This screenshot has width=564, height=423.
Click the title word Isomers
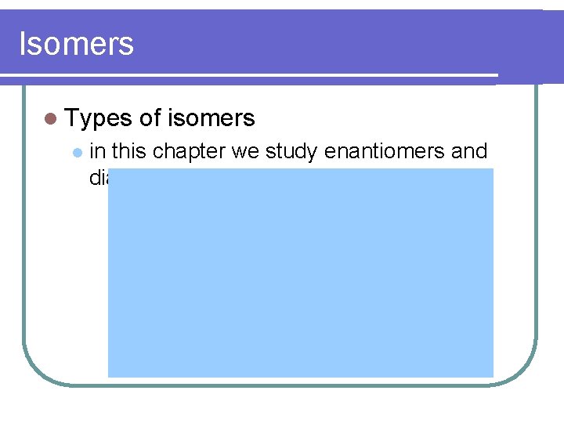[x=76, y=43]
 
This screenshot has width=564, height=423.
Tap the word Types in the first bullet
[x=97, y=118]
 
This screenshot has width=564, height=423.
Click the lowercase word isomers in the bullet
[x=211, y=118]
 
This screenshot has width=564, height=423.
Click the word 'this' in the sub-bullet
[x=129, y=150]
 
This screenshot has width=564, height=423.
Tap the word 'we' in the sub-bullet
[x=244, y=150]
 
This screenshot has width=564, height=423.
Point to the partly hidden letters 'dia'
[x=98, y=178]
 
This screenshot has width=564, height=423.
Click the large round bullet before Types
[x=51, y=119]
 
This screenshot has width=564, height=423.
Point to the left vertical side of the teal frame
[x=23, y=235]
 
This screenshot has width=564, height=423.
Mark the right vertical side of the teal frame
[x=537, y=235]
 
